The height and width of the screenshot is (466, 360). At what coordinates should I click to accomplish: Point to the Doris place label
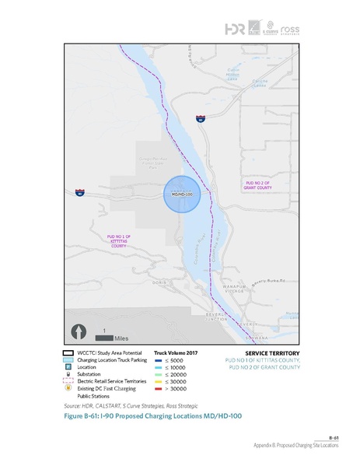162,284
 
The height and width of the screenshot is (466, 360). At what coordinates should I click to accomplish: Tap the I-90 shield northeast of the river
200,121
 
